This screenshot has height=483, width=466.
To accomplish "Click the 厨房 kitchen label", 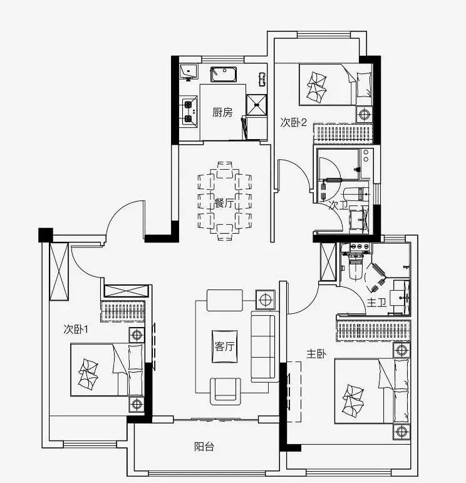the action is pos(222,112).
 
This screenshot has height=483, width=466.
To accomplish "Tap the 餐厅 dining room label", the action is pos(224,204).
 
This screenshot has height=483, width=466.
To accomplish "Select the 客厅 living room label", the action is pos(224,346).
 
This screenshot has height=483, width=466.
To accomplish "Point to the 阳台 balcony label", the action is pos(204,446).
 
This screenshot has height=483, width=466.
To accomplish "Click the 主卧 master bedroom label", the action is pos(316,354).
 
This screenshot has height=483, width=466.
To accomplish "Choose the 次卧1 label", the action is pos(76,330).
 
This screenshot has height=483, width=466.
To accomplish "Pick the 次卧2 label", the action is pos(294,123).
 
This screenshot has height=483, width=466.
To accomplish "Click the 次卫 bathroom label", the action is pos(338,205).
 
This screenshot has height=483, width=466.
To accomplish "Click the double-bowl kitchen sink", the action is pos(224,75).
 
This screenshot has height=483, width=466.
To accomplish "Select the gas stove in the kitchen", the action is pos(189,111).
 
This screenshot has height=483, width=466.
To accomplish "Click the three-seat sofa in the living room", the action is pos(264,346).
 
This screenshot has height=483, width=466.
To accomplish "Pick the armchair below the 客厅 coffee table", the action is pos(225,391).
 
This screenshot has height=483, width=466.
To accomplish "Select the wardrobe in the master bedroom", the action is pos(373,331).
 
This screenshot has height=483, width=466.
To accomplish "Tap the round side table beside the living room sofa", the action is pos(266,299).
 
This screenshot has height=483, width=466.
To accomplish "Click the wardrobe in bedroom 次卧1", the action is pos(123,311).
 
